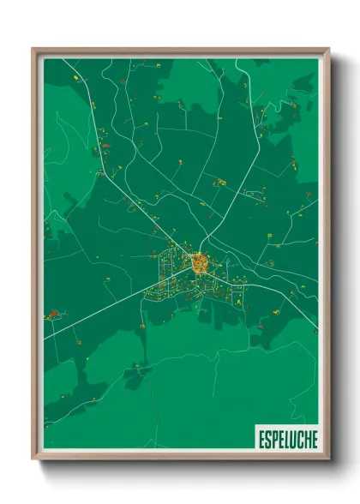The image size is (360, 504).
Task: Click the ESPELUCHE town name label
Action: (x=287, y=439)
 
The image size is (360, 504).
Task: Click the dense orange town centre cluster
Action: (x=199, y=262)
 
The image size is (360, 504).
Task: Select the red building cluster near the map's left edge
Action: (x=53, y=315)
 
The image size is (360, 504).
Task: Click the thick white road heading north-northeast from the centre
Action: (x=236, y=189)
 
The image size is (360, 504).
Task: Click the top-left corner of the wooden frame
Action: (x=33, y=50)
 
